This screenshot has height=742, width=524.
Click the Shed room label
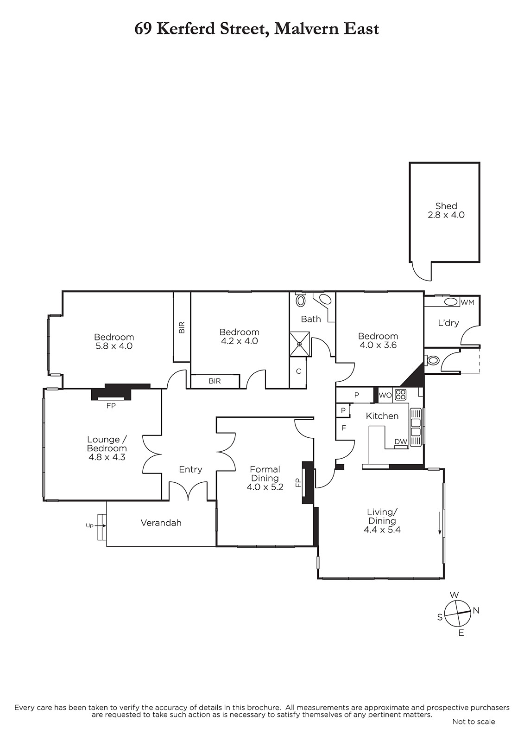coord(446,206)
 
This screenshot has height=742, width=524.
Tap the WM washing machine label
coord(467,302)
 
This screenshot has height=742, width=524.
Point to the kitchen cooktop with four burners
coord(401,395)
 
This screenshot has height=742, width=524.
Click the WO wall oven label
coord(385,395)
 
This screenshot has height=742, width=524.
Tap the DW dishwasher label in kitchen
coord(401,441)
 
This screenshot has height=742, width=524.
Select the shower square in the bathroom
coord(300,344)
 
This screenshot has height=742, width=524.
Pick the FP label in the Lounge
coord(111,405)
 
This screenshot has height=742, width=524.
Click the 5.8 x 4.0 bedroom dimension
coord(114,346)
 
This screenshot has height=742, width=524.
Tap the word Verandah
coord(161,523)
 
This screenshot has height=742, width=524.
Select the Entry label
coord(190,469)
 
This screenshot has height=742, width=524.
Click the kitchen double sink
coord(416,427)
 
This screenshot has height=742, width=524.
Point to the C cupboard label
coord(298,371)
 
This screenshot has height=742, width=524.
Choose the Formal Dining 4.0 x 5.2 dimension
coord(265,487)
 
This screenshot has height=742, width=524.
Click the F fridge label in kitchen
coord(344,428)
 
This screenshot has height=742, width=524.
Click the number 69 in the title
coord(143,29)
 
